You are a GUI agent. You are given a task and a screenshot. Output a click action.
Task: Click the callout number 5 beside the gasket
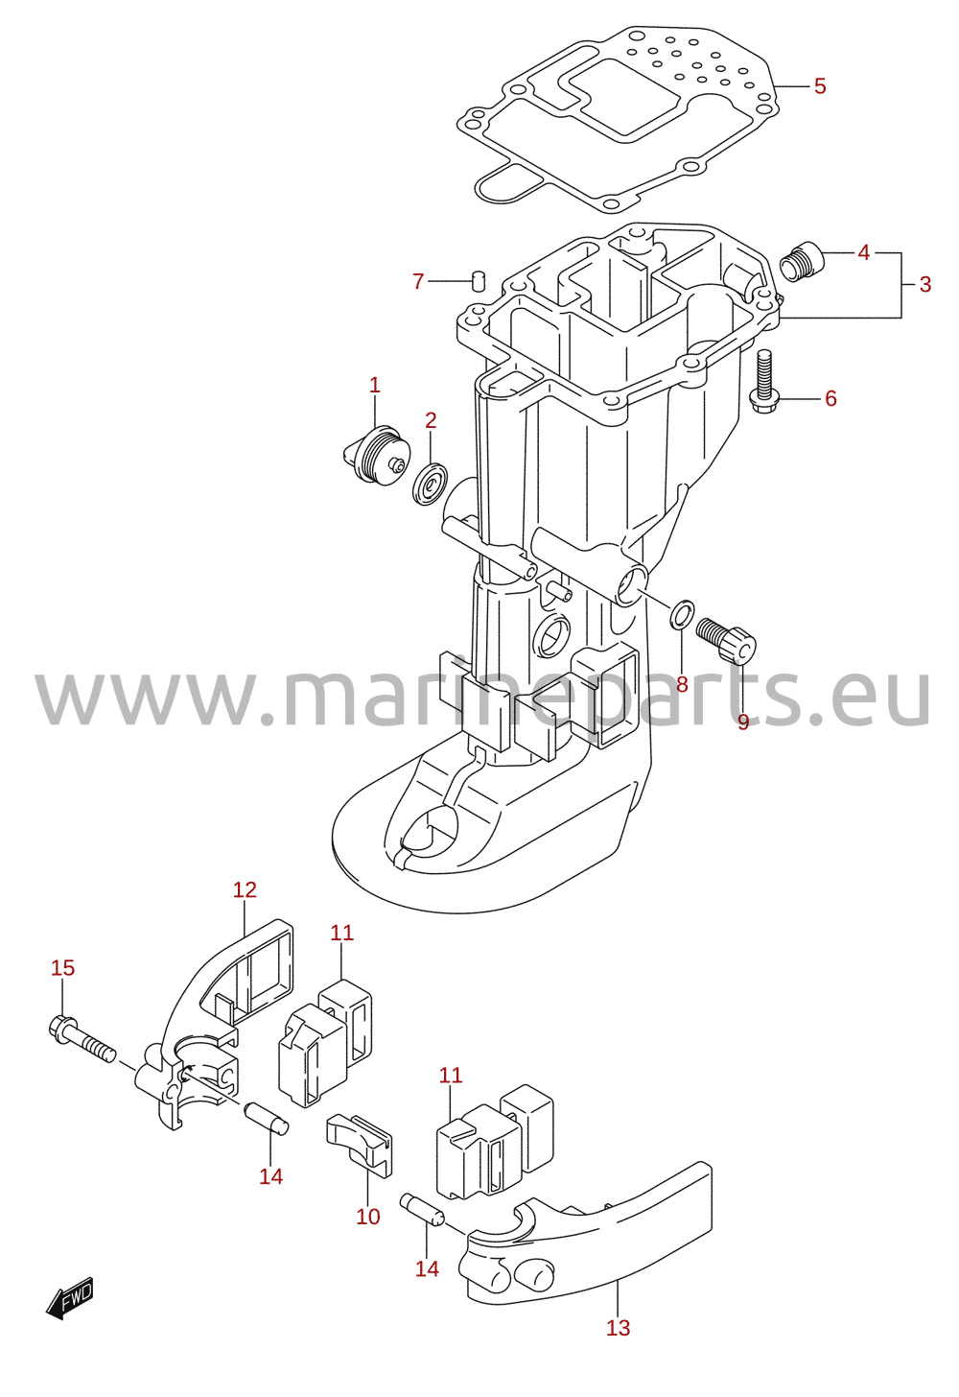click(x=820, y=86)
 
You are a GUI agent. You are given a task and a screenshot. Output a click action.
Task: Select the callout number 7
click(x=418, y=281)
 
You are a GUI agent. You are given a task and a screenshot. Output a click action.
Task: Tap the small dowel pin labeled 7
click(x=479, y=279)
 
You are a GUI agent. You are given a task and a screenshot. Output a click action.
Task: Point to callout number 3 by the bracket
click(x=925, y=284)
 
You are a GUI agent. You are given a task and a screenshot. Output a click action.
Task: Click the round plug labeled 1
click(x=377, y=454)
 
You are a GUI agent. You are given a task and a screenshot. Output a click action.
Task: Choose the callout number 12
click(x=245, y=889)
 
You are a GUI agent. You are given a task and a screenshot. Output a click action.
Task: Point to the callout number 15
click(x=62, y=968)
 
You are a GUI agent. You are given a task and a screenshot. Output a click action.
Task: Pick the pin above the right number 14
click(x=422, y=1209)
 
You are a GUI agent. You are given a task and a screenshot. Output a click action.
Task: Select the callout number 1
click(x=374, y=385)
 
